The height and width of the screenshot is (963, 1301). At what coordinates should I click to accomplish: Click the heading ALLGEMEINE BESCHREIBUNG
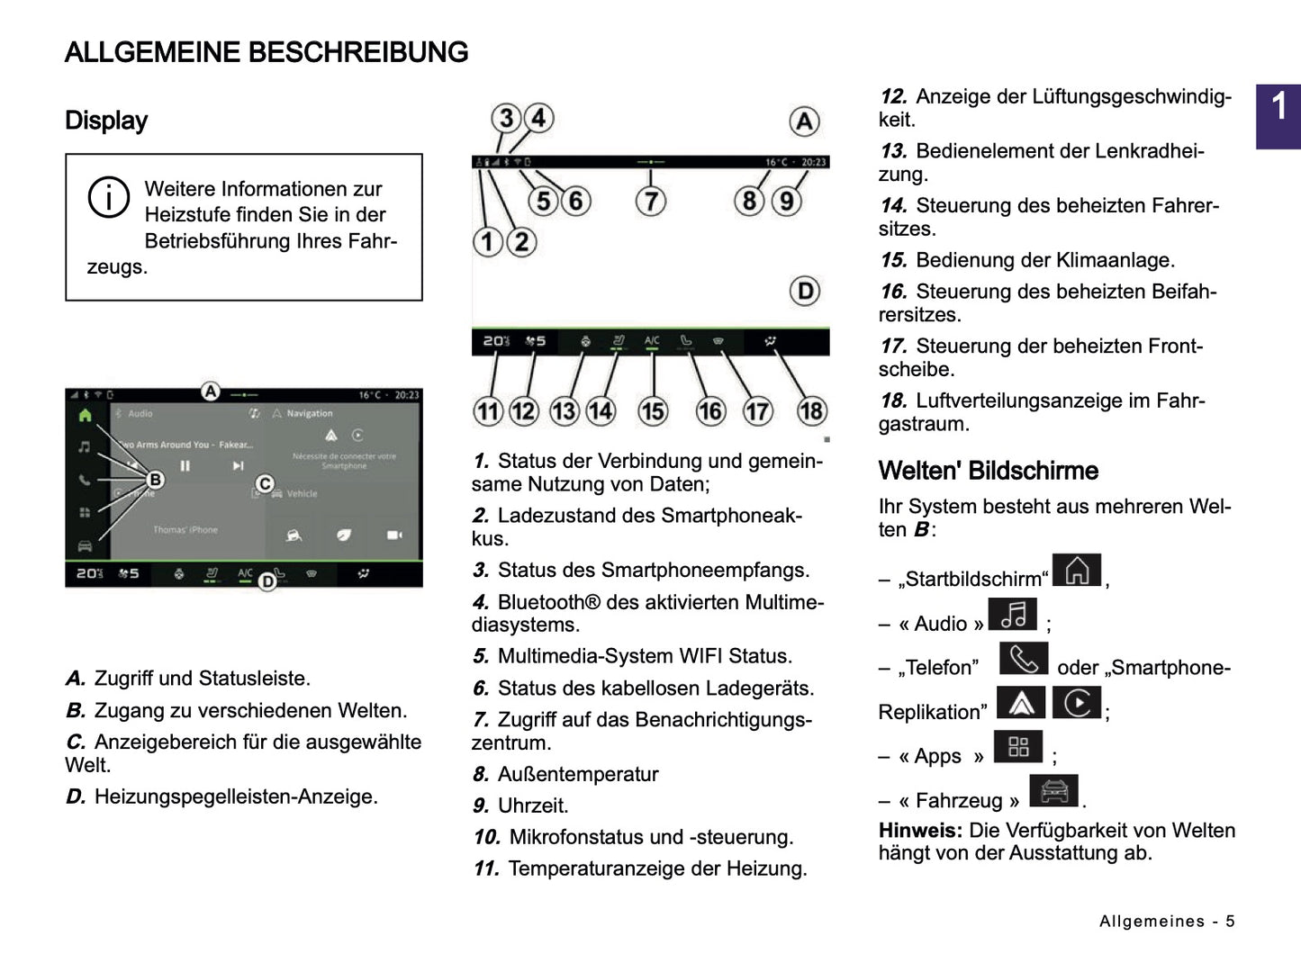pyautogui.click(x=267, y=52)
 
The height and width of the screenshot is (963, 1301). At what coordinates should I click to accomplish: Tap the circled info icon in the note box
pyautogui.click(x=108, y=198)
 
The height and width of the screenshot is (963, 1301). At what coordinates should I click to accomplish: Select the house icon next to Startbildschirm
pyautogui.click(x=1077, y=571)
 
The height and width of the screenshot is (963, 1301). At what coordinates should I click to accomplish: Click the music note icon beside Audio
pyautogui.click(x=1013, y=616)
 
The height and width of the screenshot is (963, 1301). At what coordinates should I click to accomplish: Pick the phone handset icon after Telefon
pyautogui.click(x=1024, y=660)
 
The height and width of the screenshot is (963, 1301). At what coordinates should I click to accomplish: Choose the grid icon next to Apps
pyautogui.click(x=1018, y=747)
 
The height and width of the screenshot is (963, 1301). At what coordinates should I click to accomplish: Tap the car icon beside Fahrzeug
pyautogui.click(x=1053, y=792)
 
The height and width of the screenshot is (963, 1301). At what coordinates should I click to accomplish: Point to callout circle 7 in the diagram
pyautogui.click(x=651, y=200)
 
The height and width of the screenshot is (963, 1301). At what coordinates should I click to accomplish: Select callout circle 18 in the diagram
pyautogui.click(x=811, y=411)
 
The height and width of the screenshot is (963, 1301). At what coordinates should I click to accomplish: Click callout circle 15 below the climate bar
pyautogui.click(x=653, y=411)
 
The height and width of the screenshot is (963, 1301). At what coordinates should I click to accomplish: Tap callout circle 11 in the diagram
pyautogui.click(x=487, y=411)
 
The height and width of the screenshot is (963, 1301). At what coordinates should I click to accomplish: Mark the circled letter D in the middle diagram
pyautogui.click(x=805, y=291)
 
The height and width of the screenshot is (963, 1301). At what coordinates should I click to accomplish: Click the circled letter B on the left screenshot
pyautogui.click(x=155, y=480)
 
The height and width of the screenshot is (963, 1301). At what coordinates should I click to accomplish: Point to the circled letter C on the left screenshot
pyautogui.click(x=265, y=484)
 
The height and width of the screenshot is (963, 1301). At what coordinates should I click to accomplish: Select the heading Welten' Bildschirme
pyautogui.click(x=988, y=471)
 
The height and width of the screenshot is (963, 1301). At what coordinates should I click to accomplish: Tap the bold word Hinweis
pyautogui.click(x=920, y=831)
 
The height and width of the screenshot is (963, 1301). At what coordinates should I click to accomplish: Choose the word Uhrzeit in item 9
pyautogui.click(x=533, y=805)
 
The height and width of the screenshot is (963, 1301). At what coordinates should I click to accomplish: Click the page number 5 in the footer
pyautogui.click(x=1230, y=921)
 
